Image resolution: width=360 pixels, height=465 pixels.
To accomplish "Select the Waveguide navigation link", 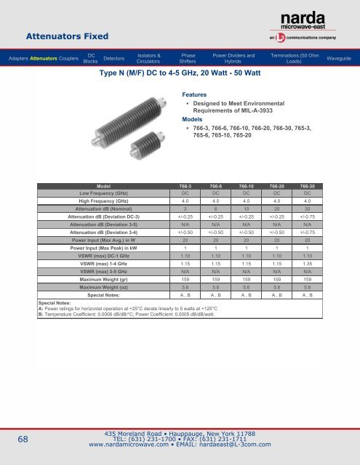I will [339, 57].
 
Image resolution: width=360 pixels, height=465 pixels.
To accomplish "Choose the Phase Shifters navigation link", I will [188, 57].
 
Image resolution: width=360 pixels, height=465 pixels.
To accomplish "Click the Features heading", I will [193, 94].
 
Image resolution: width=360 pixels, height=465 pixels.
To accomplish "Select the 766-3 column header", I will [185, 186].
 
